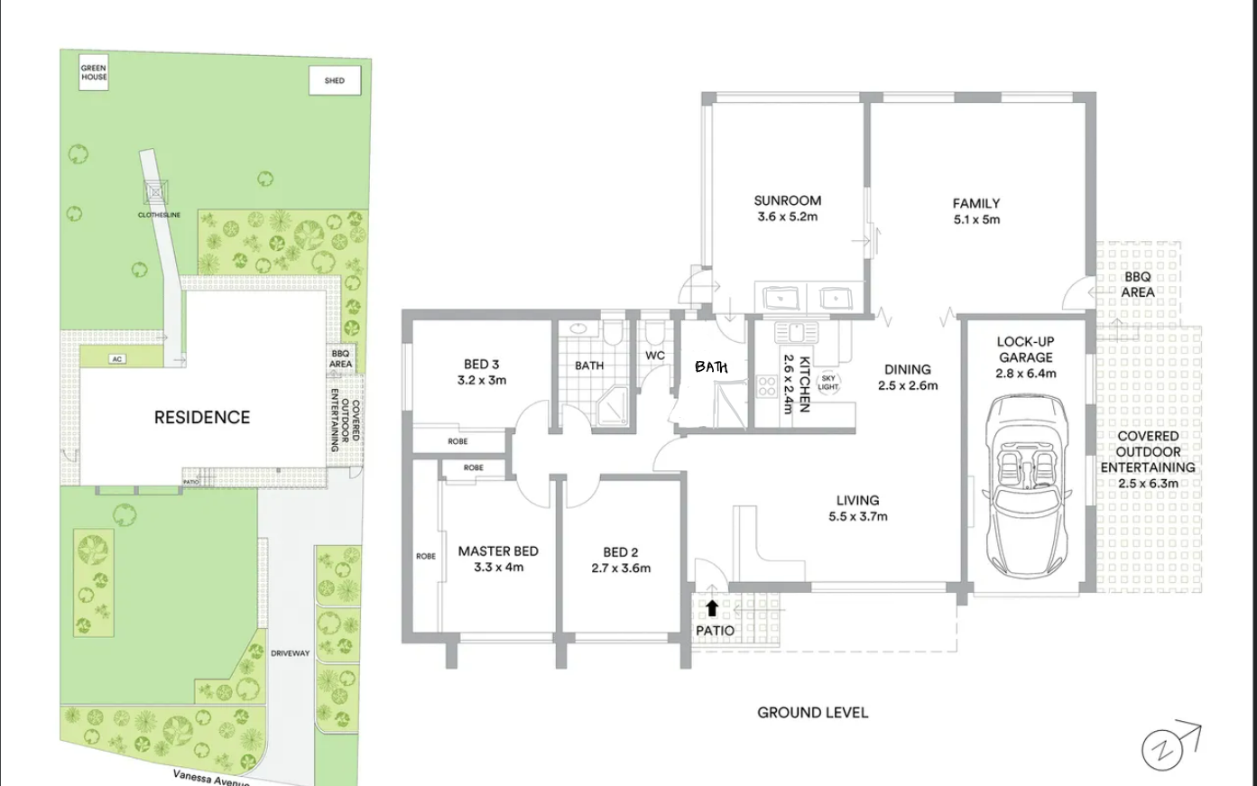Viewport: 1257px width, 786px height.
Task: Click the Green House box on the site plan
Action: coord(93,72)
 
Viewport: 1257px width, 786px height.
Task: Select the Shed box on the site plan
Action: coord(335,80)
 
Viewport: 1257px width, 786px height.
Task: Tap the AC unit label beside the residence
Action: coord(116,359)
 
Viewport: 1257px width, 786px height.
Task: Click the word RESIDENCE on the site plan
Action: coord(202,418)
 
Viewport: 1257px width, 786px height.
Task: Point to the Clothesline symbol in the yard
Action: coord(155,192)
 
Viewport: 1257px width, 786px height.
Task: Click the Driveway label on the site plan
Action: coord(291,653)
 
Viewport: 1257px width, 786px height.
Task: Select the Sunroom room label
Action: coord(787,201)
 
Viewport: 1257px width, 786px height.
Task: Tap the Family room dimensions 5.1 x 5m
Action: coord(976,219)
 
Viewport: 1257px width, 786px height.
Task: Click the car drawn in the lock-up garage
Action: coord(1027,485)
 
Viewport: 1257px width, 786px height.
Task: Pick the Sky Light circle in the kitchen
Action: coord(828,383)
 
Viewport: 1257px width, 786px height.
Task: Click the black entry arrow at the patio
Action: coord(712,608)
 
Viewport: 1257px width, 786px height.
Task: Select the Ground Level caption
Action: coord(812,713)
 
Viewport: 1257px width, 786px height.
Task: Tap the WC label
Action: coord(655,356)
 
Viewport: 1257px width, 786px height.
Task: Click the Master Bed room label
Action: coord(498,551)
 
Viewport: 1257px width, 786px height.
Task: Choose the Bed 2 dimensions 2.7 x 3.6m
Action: coord(621,569)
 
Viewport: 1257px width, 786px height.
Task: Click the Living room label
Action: coord(857,501)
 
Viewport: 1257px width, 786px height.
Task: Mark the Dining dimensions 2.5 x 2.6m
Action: coord(908,385)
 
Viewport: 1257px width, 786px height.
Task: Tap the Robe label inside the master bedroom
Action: coord(425,556)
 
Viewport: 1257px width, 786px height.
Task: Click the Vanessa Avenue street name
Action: coord(211,779)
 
